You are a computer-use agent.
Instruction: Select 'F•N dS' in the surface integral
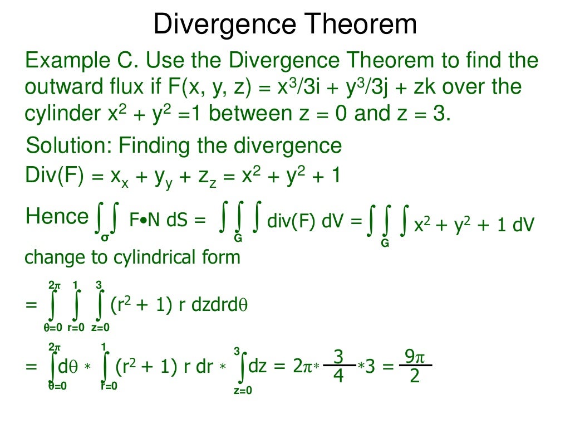tap(159, 222)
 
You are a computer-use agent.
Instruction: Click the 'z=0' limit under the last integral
tap(243, 391)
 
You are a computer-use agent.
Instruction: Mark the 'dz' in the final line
tap(258, 367)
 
